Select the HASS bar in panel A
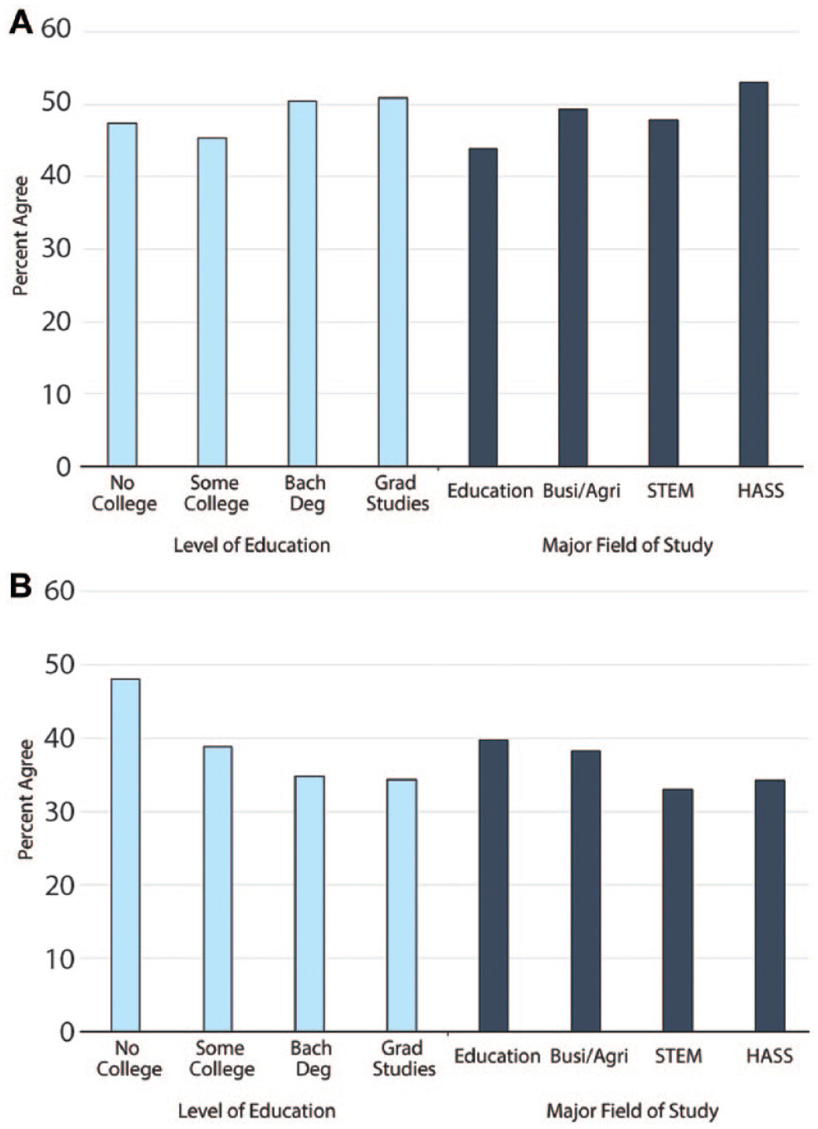[x=753, y=274]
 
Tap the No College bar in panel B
[x=125, y=854]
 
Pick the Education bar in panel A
[x=483, y=307]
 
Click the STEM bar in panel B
[x=678, y=910]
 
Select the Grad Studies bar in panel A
[x=393, y=282]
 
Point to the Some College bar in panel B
[x=218, y=888]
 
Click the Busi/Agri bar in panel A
[x=572, y=287]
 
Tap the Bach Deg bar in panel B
[x=309, y=903]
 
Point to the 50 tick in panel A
[x=56, y=103]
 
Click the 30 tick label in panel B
[x=59, y=811]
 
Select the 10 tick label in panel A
[x=56, y=394]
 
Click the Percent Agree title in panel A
[x=21, y=236]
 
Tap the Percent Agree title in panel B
[x=26, y=800]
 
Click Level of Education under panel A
[x=251, y=545]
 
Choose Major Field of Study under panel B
[x=632, y=1111]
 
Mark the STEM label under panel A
[x=670, y=491]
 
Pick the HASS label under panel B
[x=769, y=1056]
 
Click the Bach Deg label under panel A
[x=305, y=493]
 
